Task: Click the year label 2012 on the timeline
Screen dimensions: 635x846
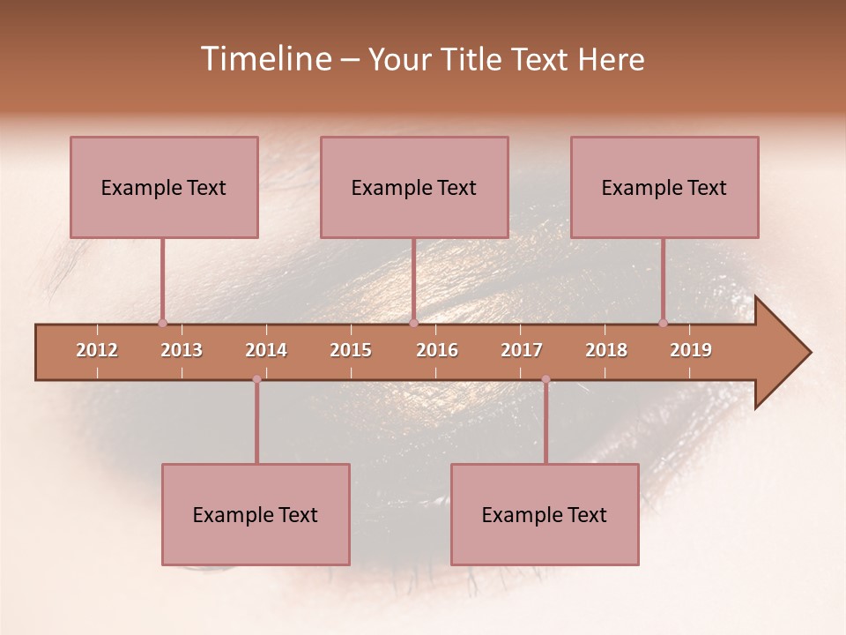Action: [x=97, y=350]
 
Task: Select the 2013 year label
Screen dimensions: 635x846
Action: [x=182, y=350]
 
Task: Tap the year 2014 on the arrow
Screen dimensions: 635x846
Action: [x=266, y=350]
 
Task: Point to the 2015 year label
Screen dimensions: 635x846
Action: [x=351, y=350]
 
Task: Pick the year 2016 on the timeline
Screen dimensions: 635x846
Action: [x=437, y=350]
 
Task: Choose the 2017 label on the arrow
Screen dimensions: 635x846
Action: [x=522, y=350]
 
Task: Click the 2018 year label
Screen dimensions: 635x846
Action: [x=606, y=350]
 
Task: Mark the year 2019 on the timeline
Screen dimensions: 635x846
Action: [x=691, y=350]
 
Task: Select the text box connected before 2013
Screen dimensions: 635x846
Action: [x=164, y=187]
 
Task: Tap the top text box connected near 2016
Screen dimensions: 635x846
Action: [x=414, y=187]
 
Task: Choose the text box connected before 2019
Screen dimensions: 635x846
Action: [x=664, y=187]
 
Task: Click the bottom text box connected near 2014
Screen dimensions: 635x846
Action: [x=256, y=514]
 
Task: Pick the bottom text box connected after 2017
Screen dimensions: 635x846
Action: [x=545, y=514]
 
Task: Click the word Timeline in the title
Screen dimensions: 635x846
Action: [x=265, y=59]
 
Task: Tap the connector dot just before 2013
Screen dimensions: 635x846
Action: [x=162, y=323]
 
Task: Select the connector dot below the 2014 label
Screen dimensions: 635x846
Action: [x=256, y=379]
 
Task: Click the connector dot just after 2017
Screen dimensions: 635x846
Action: [x=545, y=379]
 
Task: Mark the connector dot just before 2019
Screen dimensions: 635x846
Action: [x=663, y=323]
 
